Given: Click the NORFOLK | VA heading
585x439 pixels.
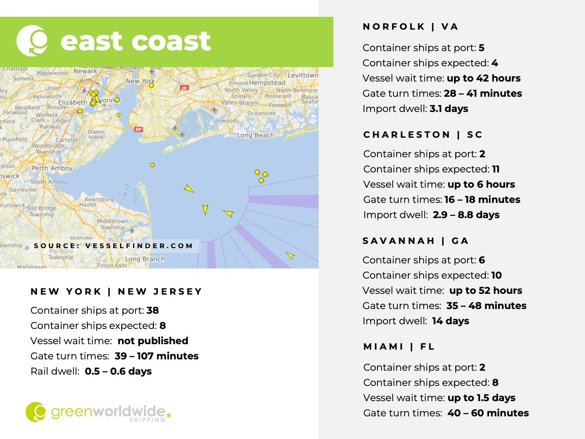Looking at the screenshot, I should pyautogui.click(x=410, y=27).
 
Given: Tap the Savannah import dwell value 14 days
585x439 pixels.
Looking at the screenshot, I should pyautogui.click(x=450, y=321).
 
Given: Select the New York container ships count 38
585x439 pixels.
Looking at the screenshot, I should pyautogui.click(x=152, y=310).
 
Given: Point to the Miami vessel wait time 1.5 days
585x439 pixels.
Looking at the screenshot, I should pyautogui.click(x=481, y=398).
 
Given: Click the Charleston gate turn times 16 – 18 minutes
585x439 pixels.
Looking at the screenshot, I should pyautogui.click(x=482, y=199).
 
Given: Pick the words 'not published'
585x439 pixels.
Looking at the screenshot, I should pyautogui.click(x=153, y=341).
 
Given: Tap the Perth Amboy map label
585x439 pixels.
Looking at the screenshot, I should pyautogui.click(x=52, y=168).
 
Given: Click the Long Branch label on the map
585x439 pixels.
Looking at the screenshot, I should pyautogui.click(x=145, y=259).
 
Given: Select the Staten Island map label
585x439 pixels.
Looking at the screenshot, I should pyautogui.click(x=96, y=134).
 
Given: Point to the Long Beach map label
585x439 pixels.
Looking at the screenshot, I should pyautogui.click(x=255, y=135).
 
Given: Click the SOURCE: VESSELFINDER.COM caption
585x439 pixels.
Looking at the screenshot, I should pyautogui.click(x=113, y=246).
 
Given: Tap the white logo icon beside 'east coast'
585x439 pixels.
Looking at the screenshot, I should pyautogui.click(x=32, y=41).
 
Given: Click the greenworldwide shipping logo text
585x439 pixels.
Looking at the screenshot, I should pyautogui.click(x=108, y=412).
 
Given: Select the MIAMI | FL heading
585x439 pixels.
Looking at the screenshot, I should pyautogui.click(x=399, y=347).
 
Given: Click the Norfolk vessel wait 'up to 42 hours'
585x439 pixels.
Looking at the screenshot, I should pyautogui.click(x=483, y=78).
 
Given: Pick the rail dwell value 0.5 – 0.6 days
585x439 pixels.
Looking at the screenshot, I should pyautogui.click(x=118, y=371).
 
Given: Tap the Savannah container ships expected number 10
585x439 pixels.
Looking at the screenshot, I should pyautogui.click(x=496, y=275).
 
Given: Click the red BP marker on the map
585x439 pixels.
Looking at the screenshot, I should pyautogui.click(x=138, y=129).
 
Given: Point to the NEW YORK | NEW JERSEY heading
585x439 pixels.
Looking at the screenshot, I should pyautogui.click(x=116, y=291).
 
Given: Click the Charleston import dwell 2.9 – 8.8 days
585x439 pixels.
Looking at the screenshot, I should pyautogui.click(x=466, y=215).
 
